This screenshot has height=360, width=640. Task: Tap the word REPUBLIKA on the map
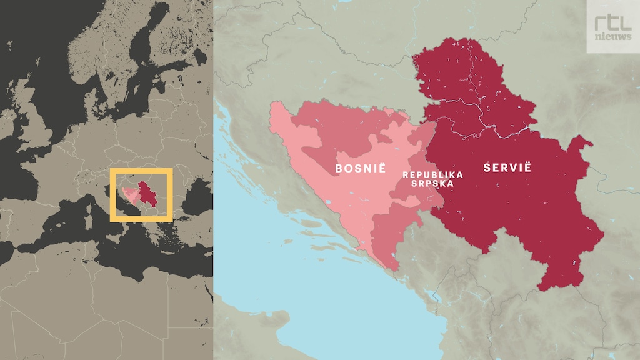tap(433, 175)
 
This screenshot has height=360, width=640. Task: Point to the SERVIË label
tap(507, 167)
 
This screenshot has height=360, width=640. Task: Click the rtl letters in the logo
tap(612, 22)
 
